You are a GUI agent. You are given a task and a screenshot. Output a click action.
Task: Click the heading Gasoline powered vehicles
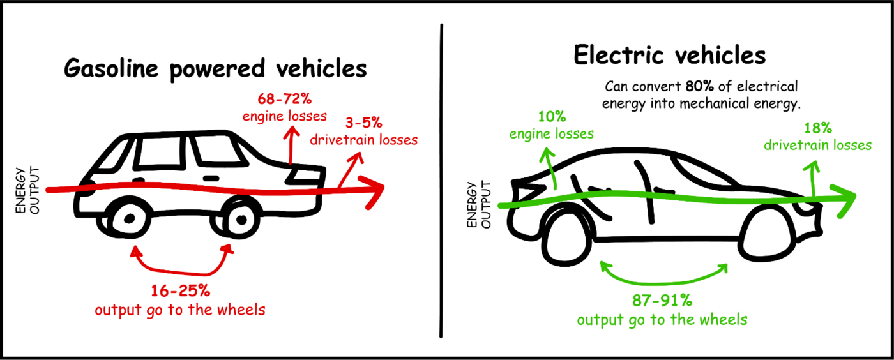click(x=215, y=68)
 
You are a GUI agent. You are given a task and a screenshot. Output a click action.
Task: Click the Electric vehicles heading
click(x=669, y=56)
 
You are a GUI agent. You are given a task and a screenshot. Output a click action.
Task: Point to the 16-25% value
click(x=180, y=290)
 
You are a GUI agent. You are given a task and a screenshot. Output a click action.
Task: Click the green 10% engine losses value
click(x=552, y=116)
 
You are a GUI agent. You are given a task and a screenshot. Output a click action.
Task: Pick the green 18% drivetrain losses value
click(x=817, y=127)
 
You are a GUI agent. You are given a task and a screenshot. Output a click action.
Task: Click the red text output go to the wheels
click(x=180, y=311)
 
